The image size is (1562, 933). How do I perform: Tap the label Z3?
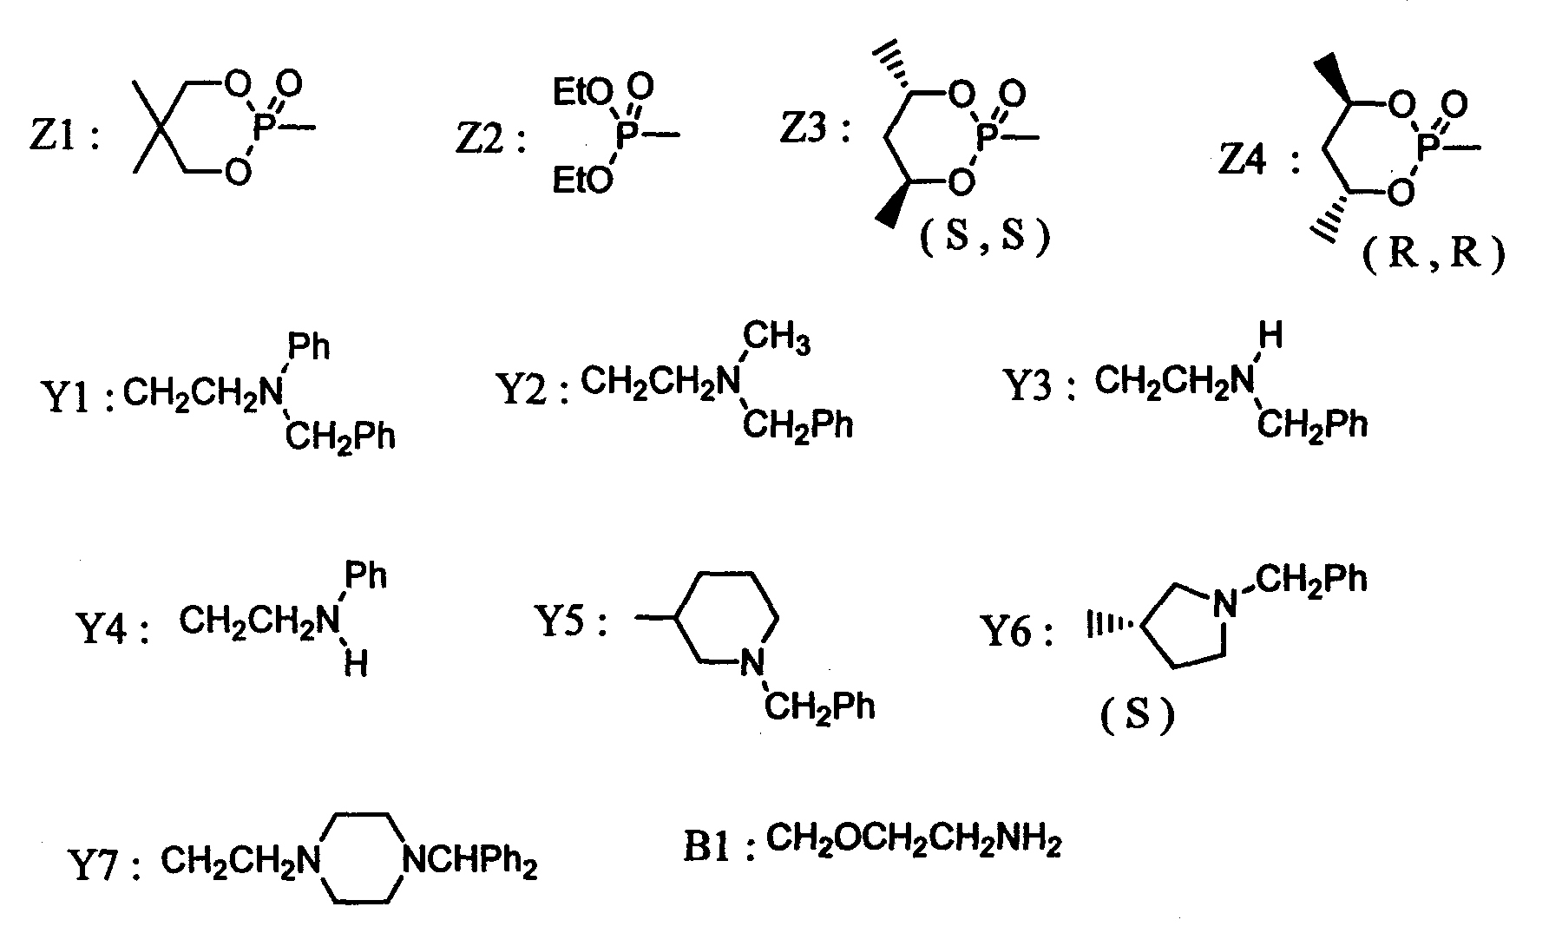806,130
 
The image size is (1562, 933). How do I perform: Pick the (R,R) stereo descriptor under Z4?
1432,258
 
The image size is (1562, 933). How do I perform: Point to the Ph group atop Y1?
309,347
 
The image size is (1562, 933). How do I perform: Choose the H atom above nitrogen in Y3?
1270,336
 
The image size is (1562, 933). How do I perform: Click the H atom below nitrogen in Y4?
355,664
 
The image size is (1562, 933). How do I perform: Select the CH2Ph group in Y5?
820,707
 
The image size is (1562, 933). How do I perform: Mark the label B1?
708,847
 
